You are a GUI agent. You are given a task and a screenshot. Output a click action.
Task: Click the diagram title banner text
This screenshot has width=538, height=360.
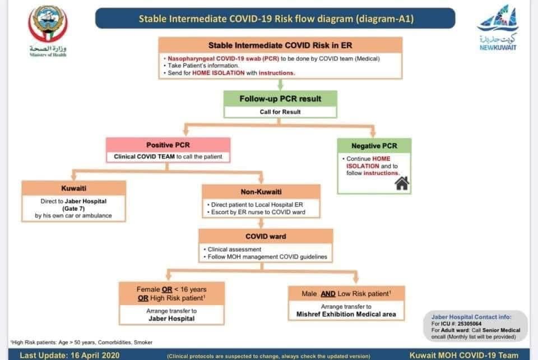point(276,19)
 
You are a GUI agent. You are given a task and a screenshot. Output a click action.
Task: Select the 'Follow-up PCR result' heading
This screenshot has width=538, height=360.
point(280,99)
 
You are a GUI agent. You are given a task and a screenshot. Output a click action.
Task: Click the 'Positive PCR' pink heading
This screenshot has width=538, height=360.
point(168,145)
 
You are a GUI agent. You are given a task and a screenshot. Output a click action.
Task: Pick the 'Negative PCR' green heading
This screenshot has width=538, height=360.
point(374,146)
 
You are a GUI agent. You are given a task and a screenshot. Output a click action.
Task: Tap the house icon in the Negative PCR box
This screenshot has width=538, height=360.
point(402,183)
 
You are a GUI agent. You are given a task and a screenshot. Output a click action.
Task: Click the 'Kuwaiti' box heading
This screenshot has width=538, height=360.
point(73,189)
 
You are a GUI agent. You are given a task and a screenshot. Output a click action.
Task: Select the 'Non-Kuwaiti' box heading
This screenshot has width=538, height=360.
point(261,191)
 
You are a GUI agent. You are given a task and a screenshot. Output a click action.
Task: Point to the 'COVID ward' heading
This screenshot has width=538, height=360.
point(266,236)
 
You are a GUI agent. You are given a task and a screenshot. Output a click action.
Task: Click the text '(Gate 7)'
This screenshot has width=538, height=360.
point(73,208)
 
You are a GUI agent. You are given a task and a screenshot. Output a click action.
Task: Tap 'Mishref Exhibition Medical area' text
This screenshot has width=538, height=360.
point(346,315)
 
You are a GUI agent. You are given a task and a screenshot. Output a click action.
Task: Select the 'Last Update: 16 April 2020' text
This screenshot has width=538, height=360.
point(67,355)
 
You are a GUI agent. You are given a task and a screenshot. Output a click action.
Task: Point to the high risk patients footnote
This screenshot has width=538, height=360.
point(81,342)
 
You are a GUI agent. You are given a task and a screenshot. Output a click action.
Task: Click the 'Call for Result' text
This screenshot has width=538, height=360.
point(280,112)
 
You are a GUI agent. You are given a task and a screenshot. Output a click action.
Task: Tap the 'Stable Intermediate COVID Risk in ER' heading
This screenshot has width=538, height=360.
point(280,45)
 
